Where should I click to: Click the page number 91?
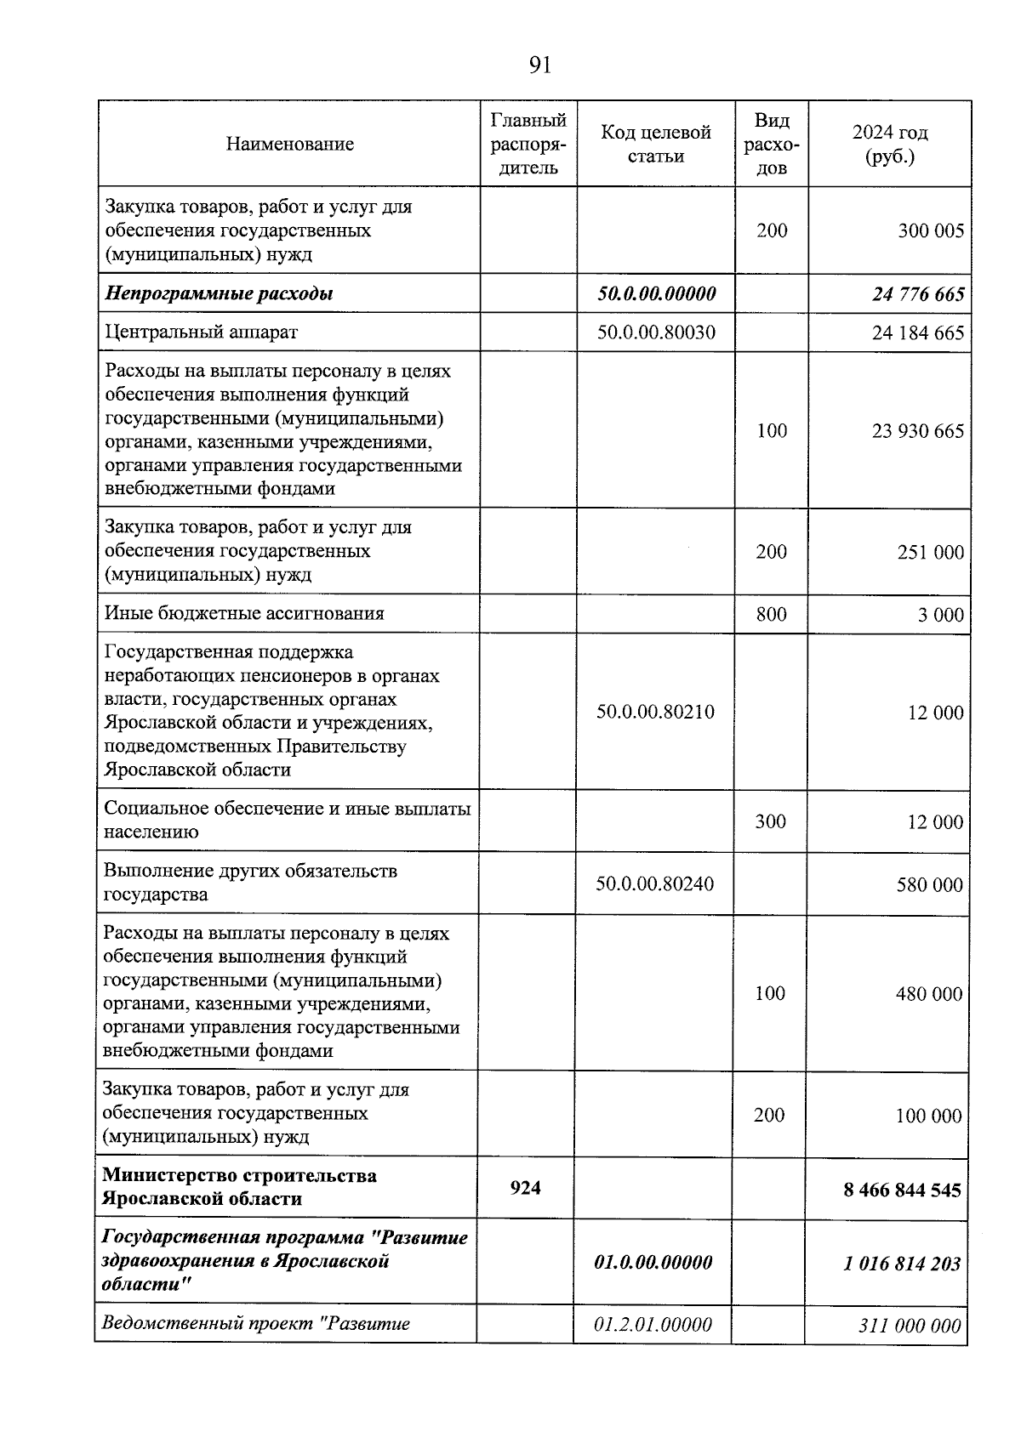click(x=540, y=65)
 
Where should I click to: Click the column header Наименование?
click(x=290, y=144)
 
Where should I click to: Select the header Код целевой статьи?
click(x=656, y=144)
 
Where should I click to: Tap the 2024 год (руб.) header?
click(x=889, y=145)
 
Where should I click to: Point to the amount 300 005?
click(x=931, y=231)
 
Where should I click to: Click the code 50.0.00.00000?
click(x=656, y=294)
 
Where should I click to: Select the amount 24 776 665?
click(x=918, y=294)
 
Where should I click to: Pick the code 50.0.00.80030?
click(x=656, y=332)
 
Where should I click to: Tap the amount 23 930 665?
click(x=918, y=431)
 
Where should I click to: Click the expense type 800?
click(x=772, y=614)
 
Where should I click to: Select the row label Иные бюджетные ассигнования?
click(x=244, y=614)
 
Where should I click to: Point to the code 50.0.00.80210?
click(x=655, y=712)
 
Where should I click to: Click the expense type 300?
click(x=771, y=821)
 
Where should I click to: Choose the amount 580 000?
click(x=929, y=885)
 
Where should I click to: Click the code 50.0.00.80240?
click(x=655, y=884)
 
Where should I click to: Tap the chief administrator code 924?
click(x=525, y=1188)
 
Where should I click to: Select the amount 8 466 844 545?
click(x=903, y=1190)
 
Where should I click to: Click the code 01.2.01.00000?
click(x=653, y=1325)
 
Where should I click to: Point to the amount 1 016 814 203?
click(x=903, y=1264)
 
